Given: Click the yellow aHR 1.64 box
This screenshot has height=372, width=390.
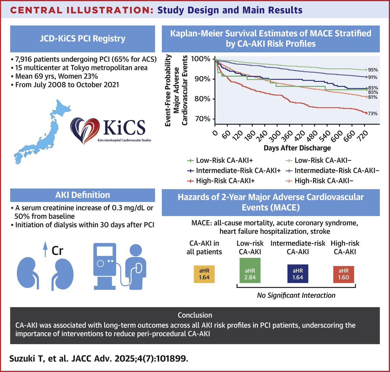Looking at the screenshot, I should point(204,274).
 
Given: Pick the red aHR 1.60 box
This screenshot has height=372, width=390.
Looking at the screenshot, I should point(344,274).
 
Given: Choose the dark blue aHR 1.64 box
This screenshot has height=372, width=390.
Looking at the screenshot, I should point(298,274).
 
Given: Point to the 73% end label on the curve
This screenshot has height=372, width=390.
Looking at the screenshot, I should point(372,114).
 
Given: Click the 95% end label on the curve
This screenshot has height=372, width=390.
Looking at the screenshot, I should point(372,70).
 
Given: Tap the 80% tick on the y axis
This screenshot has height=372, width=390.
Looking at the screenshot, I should point(202,99).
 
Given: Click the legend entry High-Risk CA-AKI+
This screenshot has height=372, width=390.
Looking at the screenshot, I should point(224,181).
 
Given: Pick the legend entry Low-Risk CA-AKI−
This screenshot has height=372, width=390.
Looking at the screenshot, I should point(323,160).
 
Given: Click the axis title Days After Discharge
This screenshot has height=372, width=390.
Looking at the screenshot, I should point(297,148).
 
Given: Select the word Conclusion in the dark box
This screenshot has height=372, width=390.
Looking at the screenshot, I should point(195,315).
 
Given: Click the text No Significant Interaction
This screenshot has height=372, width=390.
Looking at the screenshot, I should point(296,295).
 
